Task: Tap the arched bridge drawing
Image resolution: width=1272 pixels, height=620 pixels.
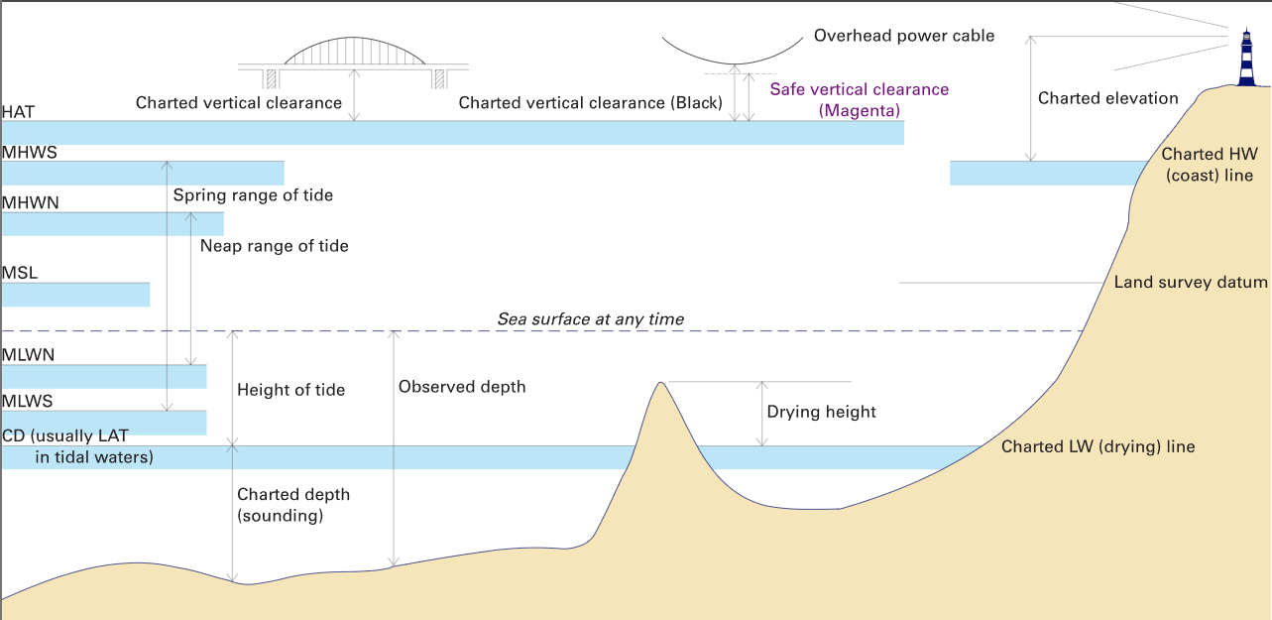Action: (x=355, y=54)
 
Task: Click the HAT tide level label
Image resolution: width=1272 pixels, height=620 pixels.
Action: (x=19, y=112)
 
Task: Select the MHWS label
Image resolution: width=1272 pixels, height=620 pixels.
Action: (x=30, y=153)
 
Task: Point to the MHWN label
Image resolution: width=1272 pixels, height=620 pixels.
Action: (x=31, y=202)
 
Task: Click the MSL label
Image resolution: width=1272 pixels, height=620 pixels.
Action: (x=20, y=273)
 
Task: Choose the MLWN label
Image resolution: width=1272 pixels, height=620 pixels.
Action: (x=28, y=354)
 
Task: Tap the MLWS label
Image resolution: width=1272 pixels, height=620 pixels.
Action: (x=28, y=402)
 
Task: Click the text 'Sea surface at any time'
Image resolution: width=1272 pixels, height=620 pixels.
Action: (x=590, y=319)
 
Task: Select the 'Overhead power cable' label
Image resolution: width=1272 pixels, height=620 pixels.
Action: (x=903, y=36)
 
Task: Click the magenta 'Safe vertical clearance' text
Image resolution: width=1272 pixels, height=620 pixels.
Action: (x=859, y=90)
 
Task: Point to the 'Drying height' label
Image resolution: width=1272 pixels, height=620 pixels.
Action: (x=821, y=412)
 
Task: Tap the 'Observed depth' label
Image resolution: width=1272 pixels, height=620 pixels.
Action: (x=462, y=387)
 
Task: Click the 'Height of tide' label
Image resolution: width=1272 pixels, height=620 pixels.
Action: (x=290, y=390)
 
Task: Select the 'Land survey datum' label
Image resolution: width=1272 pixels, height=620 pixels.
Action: (x=1190, y=283)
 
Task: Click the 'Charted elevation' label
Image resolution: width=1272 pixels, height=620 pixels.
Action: (x=1107, y=98)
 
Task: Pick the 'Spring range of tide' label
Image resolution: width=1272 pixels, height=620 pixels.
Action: (x=253, y=195)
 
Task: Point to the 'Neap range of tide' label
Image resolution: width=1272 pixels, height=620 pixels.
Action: (x=274, y=245)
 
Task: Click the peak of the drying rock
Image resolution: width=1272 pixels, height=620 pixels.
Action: (x=659, y=385)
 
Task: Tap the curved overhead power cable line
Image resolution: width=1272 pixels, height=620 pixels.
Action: (x=733, y=59)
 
